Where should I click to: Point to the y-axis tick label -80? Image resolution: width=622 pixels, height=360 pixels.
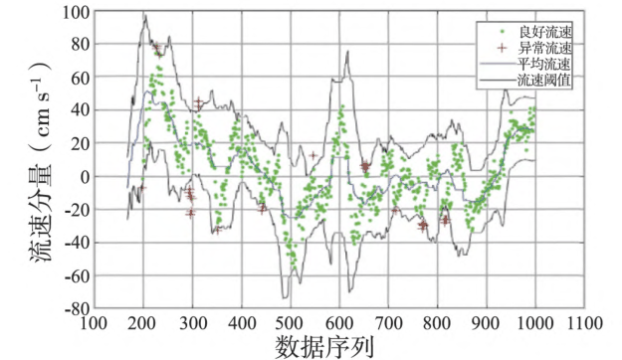pyautogui.click(x=76, y=308)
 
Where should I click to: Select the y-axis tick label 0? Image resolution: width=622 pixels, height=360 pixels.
pyautogui.click(x=84, y=177)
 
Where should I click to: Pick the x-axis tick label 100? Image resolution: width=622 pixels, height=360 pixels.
pyautogui.click(x=94, y=323)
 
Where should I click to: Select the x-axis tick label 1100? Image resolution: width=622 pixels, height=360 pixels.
pyautogui.click(x=585, y=323)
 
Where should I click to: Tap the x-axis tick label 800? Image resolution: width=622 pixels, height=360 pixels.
pyautogui.click(x=438, y=323)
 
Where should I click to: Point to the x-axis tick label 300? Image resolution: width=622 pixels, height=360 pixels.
pyautogui.click(x=192, y=323)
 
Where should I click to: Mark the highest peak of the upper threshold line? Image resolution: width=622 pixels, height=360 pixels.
pyautogui.click(x=145, y=15)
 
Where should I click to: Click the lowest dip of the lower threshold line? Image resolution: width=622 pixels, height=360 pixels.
pyautogui.click(x=286, y=296)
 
